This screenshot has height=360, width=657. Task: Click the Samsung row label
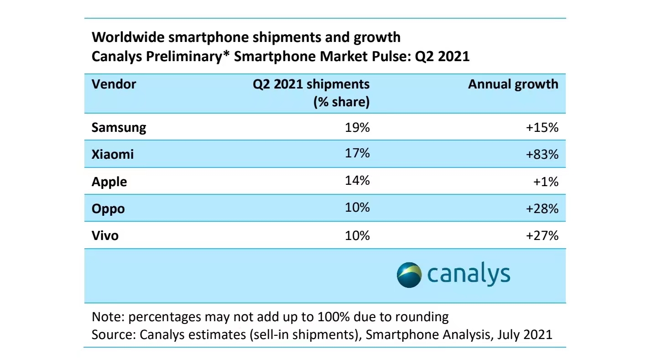(119, 127)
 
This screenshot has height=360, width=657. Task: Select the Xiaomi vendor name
(113, 154)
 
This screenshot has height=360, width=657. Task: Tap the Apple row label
(109, 182)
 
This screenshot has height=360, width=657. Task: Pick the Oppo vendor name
(108, 209)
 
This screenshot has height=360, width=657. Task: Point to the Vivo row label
(105, 236)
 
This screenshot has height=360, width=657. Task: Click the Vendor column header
(114, 84)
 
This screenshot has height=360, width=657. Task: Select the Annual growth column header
(513, 84)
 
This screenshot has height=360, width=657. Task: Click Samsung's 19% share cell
(357, 127)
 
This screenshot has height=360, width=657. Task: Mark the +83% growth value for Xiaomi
(542, 154)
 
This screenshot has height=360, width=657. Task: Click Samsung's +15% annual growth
(542, 127)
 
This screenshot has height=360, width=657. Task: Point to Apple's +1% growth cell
(546, 182)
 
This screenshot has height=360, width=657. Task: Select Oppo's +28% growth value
(542, 209)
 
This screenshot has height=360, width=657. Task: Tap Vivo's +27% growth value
(542, 236)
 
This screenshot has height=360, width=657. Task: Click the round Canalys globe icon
(409, 275)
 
